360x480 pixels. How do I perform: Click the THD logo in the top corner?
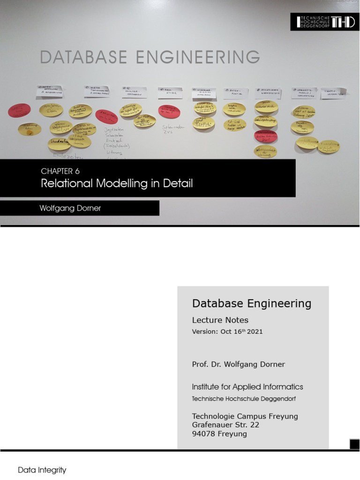[x=325, y=22]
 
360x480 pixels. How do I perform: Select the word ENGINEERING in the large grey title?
[x=196, y=57]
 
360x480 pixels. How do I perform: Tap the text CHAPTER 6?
[x=60, y=171]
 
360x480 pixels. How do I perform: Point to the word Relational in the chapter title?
[x=67, y=183]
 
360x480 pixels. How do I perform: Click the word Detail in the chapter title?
[x=177, y=183]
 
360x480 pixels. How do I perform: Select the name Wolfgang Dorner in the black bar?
[x=70, y=208]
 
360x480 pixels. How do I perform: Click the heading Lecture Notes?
[x=220, y=320]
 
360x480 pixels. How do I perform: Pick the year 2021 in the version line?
[x=255, y=331]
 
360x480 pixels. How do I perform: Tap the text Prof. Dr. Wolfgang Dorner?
[x=238, y=364]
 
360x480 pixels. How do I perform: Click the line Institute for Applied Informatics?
[x=247, y=387]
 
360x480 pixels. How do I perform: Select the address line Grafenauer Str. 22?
[x=225, y=425]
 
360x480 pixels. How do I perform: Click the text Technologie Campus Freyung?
[x=245, y=416]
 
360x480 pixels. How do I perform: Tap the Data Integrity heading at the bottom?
[x=42, y=470]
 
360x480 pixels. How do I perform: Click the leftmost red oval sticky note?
[x=19, y=111]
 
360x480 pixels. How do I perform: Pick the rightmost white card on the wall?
[x=334, y=93]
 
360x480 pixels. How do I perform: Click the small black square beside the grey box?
[x=354, y=444]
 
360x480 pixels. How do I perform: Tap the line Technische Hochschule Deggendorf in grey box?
[x=244, y=399]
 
